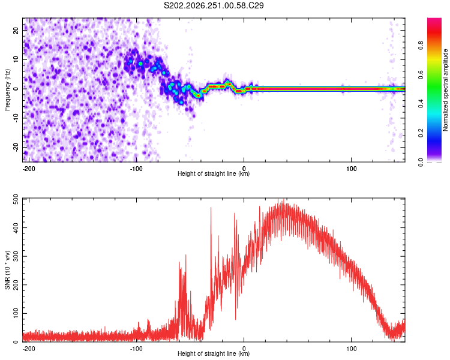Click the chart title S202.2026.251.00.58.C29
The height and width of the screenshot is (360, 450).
[214, 5]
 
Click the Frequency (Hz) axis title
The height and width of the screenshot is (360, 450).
[7, 89]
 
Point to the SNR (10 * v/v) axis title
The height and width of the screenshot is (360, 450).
[7, 270]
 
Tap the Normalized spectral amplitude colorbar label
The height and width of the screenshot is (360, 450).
[445, 90]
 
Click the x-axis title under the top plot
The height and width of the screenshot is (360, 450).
[214, 173]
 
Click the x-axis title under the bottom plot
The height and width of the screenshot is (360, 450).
[214, 353]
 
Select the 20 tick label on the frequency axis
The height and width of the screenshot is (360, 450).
[16, 31]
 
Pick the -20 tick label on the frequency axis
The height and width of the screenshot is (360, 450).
[16, 147]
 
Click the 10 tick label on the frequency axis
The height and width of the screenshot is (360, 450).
[16, 60]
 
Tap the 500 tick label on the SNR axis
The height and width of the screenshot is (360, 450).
[16, 200]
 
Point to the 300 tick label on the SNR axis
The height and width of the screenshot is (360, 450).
[16, 256]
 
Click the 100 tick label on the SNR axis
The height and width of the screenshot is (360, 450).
[16, 313]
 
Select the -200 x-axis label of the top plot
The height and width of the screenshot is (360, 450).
[29, 169]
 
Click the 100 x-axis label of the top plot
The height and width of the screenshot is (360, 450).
[351, 169]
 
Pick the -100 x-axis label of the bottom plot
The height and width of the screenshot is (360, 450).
[136, 349]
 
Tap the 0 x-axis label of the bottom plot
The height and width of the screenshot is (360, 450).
[244, 349]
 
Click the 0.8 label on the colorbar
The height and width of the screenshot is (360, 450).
[421, 45]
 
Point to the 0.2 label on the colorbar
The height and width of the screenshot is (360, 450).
[421, 133]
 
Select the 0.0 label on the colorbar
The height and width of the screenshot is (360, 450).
[421, 162]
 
